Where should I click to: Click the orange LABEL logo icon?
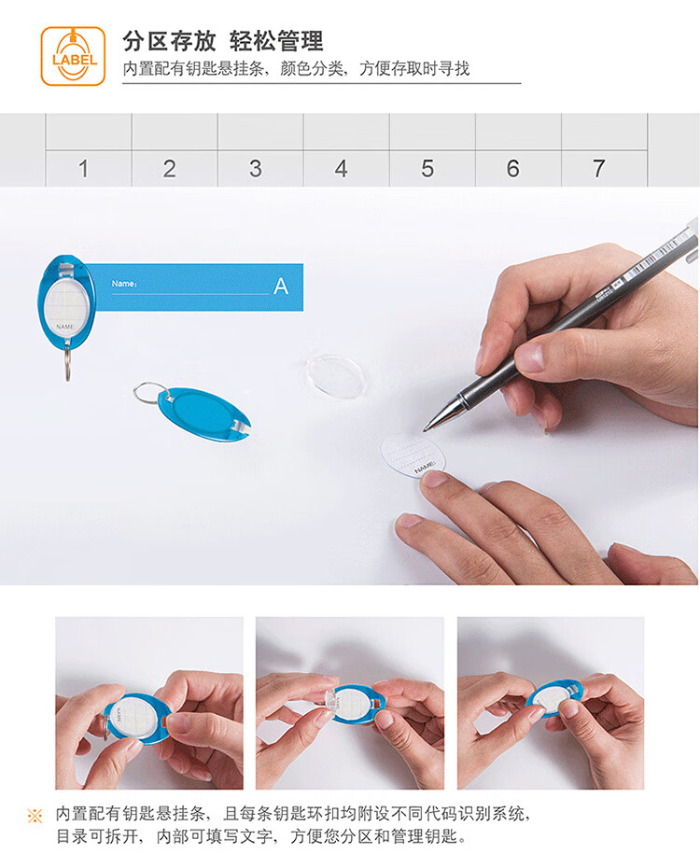point(73,56)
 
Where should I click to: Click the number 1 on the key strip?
point(83,168)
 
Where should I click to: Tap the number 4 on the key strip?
point(341,168)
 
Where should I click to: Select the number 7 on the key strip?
point(598,168)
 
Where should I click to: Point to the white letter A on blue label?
point(281,286)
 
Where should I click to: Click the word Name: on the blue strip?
point(124,283)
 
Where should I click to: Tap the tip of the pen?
point(426,429)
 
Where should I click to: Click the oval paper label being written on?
point(413,455)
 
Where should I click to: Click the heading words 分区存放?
point(169,41)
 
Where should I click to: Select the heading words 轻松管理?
point(276,41)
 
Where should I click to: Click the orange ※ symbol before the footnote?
point(35,816)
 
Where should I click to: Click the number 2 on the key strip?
point(170,168)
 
